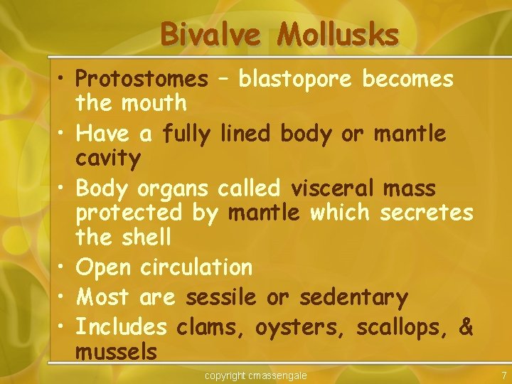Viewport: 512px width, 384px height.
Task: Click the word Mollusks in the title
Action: click(x=338, y=33)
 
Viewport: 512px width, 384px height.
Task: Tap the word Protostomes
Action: click(x=142, y=79)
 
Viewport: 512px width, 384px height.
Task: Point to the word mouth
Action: click(x=154, y=103)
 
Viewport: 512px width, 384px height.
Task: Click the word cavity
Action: click(x=108, y=158)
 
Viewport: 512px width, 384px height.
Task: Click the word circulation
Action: click(x=196, y=267)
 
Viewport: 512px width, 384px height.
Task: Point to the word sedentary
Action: click(x=353, y=297)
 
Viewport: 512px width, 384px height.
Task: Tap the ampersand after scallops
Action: click(x=466, y=326)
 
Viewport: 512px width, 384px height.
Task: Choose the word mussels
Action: click(x=116, y=351)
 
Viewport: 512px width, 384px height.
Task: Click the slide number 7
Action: click(x=503, y=375)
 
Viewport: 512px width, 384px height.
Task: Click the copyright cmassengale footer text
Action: click(x=256, y=375)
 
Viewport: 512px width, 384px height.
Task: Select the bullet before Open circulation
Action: click(x=60, y=267)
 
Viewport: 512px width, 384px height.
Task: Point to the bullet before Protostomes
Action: click(x=60, y=79)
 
